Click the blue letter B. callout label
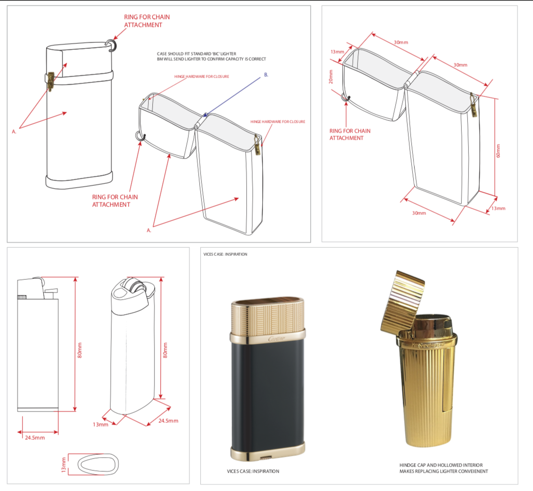coord(266,75)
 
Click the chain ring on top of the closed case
coord(112,44)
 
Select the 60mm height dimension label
coord(499,151)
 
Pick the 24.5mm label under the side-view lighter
coord(34,438)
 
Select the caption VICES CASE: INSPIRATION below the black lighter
coord(253,471)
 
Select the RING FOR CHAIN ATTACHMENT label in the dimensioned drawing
coord(350,134)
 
